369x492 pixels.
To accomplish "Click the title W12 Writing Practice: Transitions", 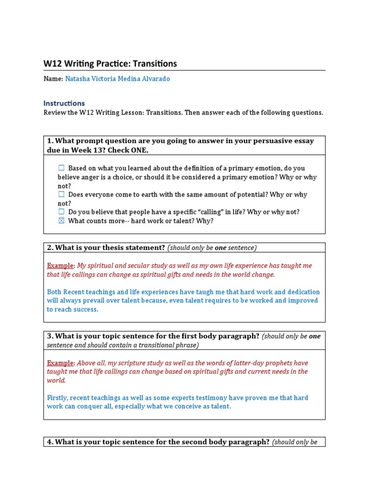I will click(110, 63).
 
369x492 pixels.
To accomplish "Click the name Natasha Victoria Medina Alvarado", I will click(117, 79).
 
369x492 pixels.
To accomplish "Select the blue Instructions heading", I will click(64, 103).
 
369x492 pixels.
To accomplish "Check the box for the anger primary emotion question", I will click(61, 168).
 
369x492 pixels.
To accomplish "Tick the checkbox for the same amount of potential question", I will click(61, 195).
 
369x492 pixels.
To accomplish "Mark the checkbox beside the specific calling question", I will click(61, 212).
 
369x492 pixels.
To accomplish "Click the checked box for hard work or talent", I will click(61, 221).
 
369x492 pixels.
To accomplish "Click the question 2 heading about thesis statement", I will click(106, 247).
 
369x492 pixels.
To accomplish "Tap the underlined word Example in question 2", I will click(60, 266).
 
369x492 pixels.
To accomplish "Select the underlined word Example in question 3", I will click(60, 363).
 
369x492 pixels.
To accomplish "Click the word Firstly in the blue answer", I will click(58, 398).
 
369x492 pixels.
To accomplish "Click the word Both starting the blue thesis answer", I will click(54, 292).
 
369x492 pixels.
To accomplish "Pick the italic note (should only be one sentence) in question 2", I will click(212, 247).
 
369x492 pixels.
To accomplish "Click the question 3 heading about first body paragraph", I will click(153, 336).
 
